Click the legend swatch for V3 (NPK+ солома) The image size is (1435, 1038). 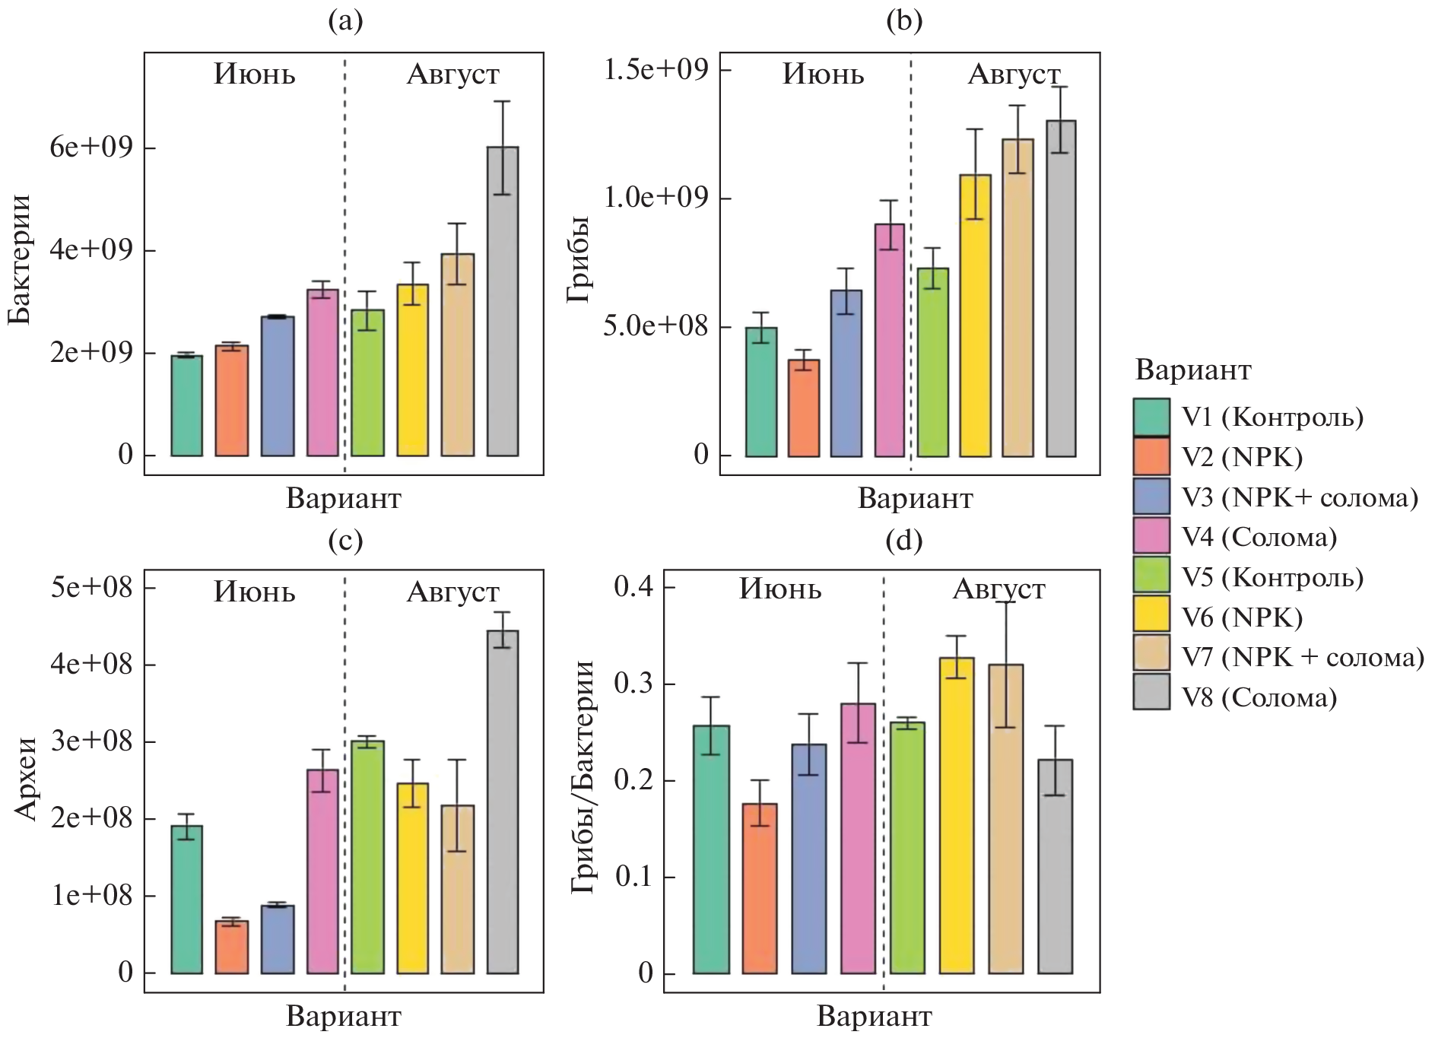[x=1151, y=497]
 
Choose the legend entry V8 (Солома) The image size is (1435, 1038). [x=1259, y=697]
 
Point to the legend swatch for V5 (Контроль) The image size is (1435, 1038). [x=1151, y=577]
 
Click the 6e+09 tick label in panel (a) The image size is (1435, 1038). [x=91, y=147]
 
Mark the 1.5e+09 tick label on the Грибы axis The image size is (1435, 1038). [x=656, y=69]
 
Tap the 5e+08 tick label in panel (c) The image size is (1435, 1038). [x=91, y=587]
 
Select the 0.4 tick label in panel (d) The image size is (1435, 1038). [x=633, y=587]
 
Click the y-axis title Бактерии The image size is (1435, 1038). [x=20, y=259]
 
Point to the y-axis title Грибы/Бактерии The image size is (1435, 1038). [x=583, y=776]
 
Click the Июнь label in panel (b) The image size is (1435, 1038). [x=824, y=75]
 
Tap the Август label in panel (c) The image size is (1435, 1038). [x=453, y=592]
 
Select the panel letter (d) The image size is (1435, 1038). [x=904, y=541]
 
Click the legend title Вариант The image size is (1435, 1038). [x=1192, y=370]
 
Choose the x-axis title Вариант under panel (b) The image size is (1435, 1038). [x=915, y=499]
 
